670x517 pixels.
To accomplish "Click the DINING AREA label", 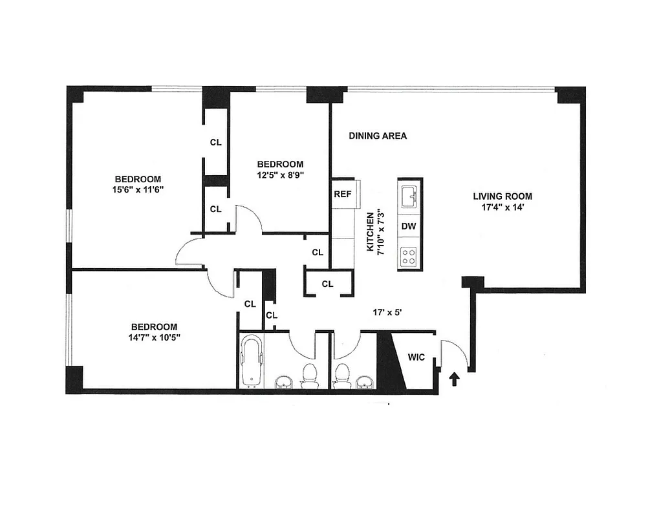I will (378, 136).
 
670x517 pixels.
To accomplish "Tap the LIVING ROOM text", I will (503, 196).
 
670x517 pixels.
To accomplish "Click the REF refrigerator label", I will (342, 194).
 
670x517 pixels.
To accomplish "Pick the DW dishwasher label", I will (408, 226).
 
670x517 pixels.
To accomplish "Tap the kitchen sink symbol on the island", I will (409, 195).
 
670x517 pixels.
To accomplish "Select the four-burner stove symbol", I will (409, 256).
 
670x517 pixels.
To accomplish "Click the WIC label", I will (416, 357).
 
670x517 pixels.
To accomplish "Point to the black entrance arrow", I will (454, 379).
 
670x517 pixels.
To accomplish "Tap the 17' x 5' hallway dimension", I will (387, 312).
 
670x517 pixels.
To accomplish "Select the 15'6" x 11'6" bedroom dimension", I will (138, 190).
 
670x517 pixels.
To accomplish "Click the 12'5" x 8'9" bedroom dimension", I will (280, 174).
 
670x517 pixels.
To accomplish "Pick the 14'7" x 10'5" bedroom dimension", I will (154, 338).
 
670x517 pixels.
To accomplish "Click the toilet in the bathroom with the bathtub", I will (310, 375).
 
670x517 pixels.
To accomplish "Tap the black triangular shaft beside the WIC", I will (390, 362).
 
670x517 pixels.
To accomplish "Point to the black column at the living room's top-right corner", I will (570, 94).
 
